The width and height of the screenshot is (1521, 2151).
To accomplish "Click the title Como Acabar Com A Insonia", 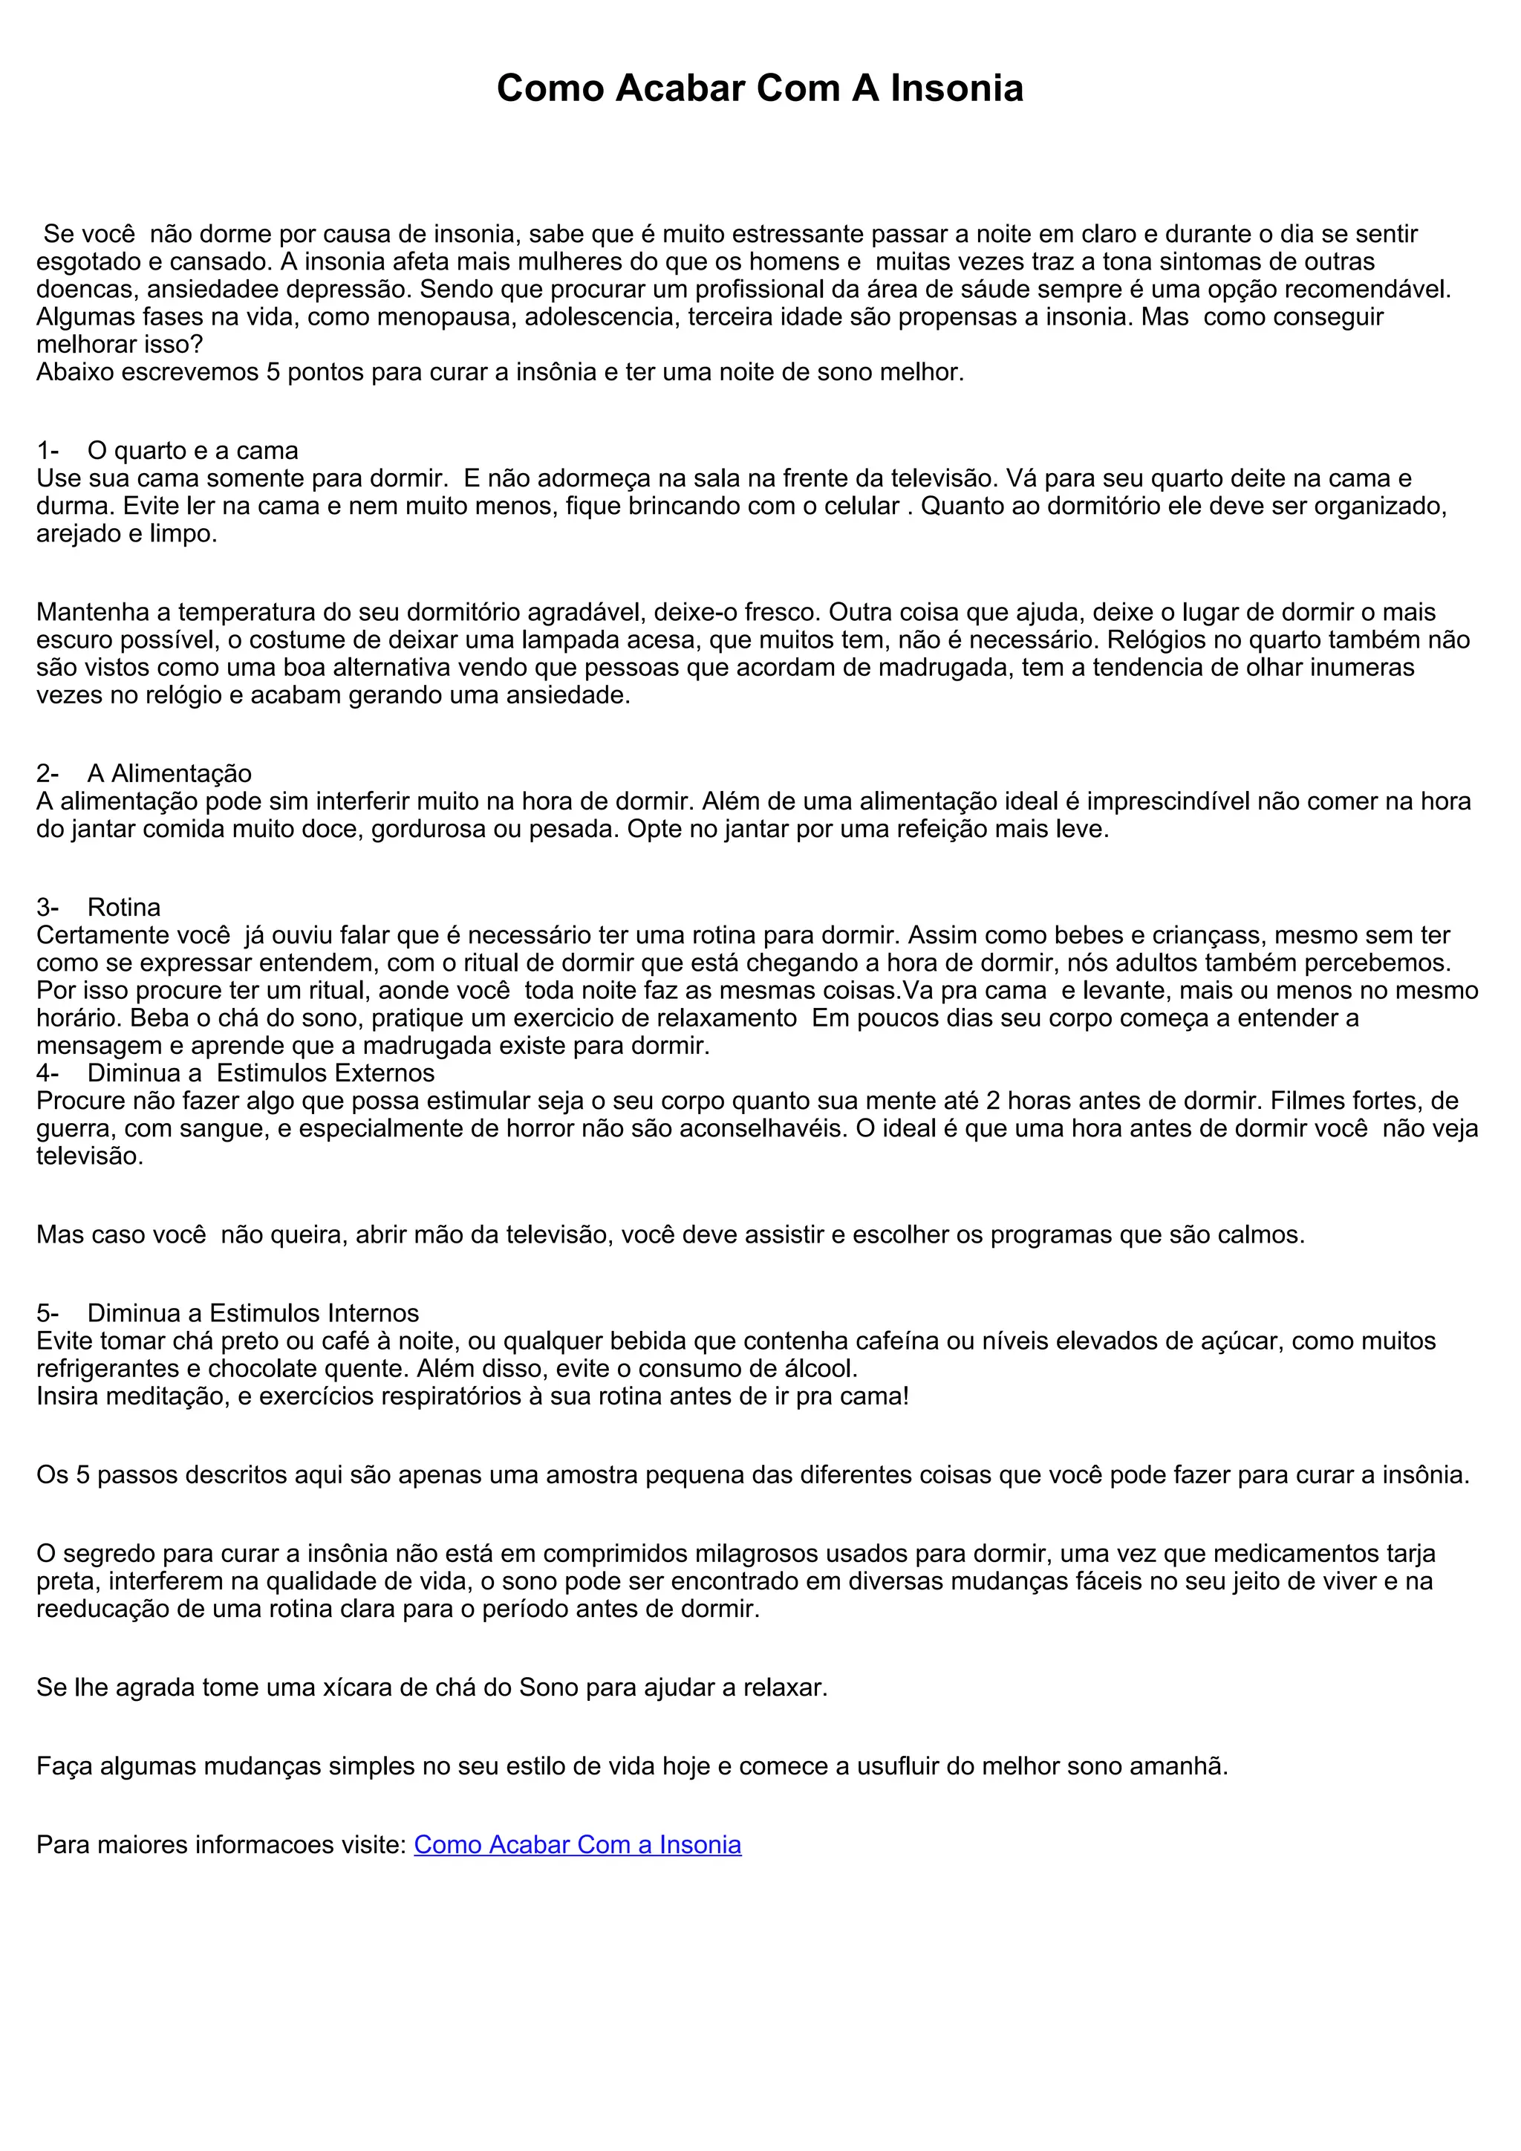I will [x=760, y=88].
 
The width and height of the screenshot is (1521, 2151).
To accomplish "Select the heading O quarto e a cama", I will [x=192, y=451].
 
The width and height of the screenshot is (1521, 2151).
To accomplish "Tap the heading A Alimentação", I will [x=169, y=773].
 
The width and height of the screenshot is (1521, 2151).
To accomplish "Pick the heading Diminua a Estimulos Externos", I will [x=261, y=1073].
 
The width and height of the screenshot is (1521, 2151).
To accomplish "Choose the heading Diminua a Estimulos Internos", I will [x=253, y=1312].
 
